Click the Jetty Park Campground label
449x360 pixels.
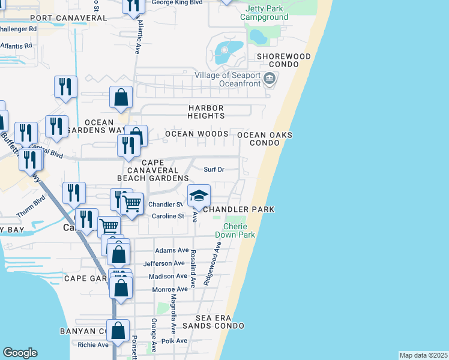coord(264,13)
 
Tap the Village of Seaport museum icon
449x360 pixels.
coord(270,78)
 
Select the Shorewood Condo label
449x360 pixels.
coord(284,60)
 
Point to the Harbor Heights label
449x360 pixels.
coord(206,112)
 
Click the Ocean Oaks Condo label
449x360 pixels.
coord(265,139)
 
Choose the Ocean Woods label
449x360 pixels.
coord(196,133)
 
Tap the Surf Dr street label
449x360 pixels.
coord(214,170)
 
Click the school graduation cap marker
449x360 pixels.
coord(199,196)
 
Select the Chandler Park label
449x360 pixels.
coord(239,209)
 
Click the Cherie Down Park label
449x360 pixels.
coord(240,230)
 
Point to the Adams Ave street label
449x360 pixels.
coord(172,250)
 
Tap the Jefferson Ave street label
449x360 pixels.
coord(164,263)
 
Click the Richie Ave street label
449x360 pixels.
coord(93,345)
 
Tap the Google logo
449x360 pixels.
coord(20,353)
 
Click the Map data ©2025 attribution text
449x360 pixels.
coord(423,355)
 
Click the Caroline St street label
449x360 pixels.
coord(167,216)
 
